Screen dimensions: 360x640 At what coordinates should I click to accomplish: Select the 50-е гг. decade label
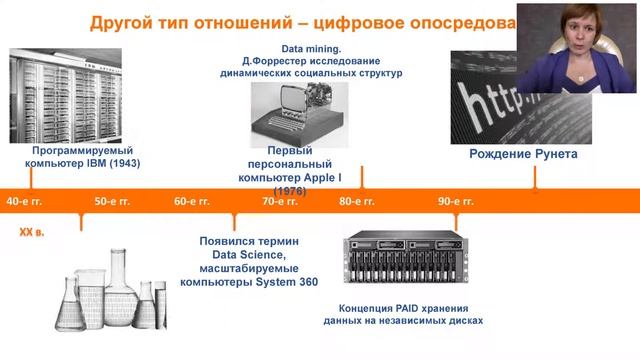click(112, 201)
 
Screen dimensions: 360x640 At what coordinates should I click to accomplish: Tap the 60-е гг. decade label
click(191, 201)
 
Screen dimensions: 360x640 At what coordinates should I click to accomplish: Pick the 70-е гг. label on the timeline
click(281, 201)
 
